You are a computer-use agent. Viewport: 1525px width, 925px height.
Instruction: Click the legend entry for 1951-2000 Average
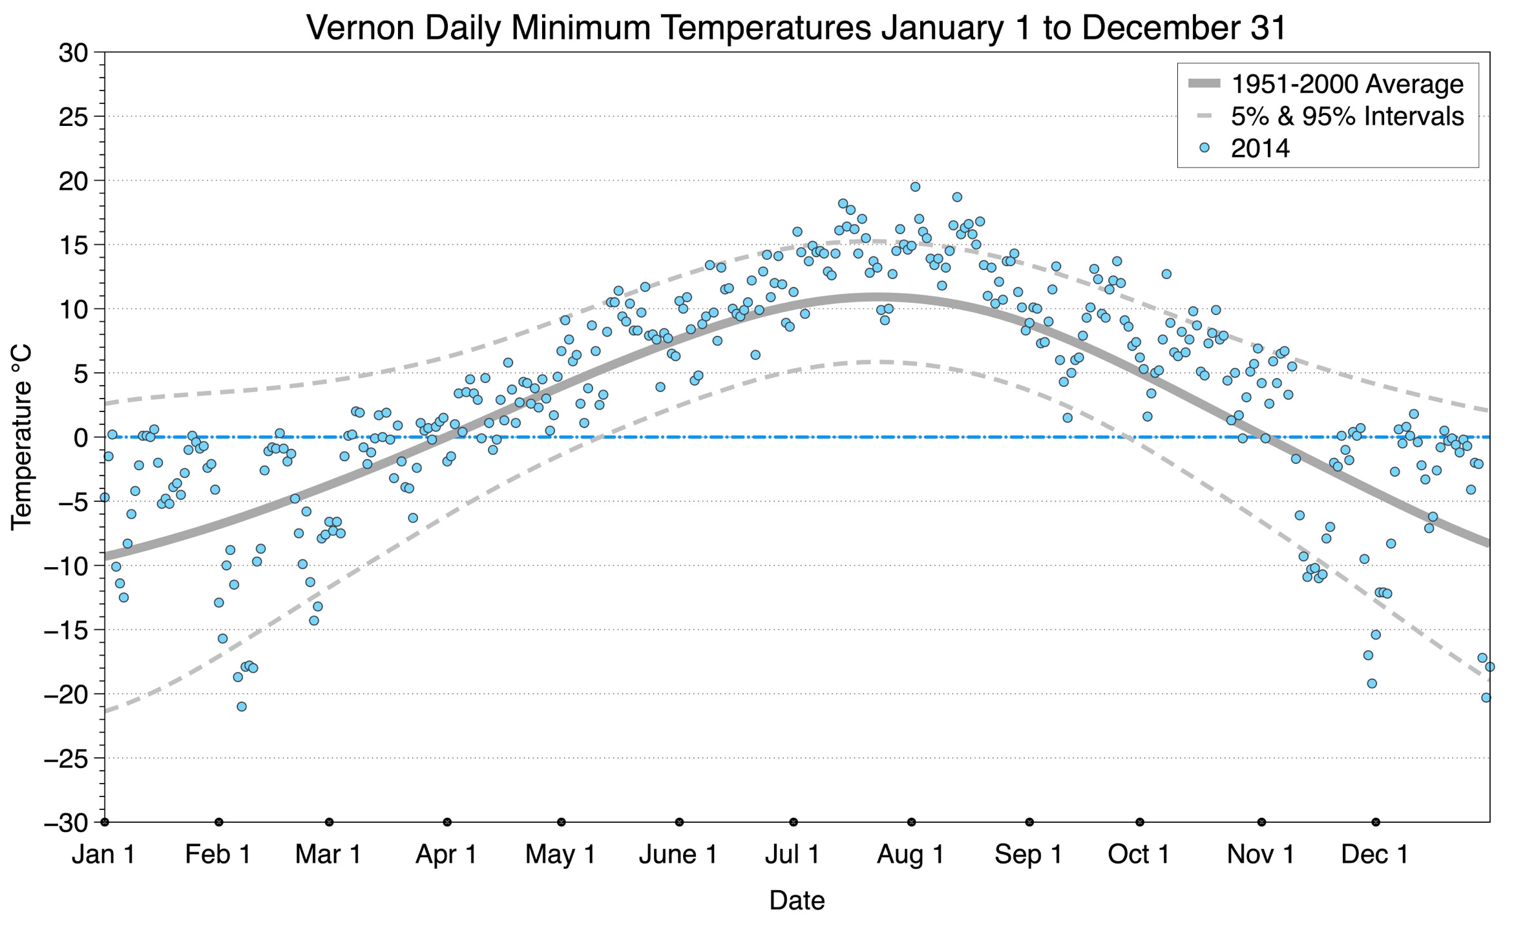(x=1347, y=84)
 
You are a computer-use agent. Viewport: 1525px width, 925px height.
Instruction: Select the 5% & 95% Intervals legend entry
(x=1347, y=116)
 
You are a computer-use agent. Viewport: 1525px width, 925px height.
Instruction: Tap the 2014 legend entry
(x=1259, y=149)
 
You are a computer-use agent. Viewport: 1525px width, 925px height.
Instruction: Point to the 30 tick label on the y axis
(x=72, y=53)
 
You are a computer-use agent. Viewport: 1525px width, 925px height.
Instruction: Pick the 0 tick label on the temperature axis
(x=80, y=438)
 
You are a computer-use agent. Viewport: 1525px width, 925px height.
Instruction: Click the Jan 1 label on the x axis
(x=103, y=855)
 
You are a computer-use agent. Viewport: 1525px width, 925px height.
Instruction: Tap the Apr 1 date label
(x=446, y=855)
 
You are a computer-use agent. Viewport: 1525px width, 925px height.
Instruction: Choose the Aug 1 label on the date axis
(x=910, y=855)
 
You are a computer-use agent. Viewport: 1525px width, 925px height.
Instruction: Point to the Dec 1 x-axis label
(x=1374, y=855)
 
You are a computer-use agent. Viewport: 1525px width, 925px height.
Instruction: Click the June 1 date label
(x=678, y=855)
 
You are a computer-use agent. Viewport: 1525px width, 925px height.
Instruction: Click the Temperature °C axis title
(x=21, y=437)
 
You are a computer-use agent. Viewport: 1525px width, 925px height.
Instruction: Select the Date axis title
(x=797, y=900)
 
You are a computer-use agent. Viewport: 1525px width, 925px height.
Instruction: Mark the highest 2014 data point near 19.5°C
(x=915, y=187)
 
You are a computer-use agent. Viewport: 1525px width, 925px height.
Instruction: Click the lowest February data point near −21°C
(x=242, y=707)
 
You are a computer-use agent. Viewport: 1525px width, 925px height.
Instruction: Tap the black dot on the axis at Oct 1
(x=1140, y=822)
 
